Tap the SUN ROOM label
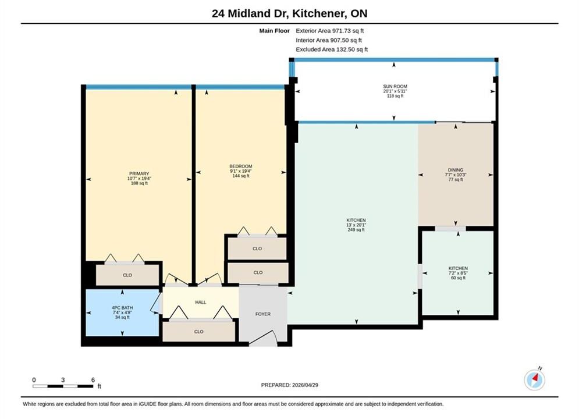pos(395,86)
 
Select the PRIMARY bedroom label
pos(139,173)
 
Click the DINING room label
pos(456,170)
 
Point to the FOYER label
pos(263,314)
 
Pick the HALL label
pos(201,303)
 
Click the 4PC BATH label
pos(122,307)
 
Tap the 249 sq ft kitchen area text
pos(356,230)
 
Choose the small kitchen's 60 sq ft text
pos(458,278)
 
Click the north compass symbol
pos(534,379)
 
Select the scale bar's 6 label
pos(93,380)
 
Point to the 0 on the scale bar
pos(34,380)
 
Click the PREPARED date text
pos(290,385)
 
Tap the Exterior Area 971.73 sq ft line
pos(330,31)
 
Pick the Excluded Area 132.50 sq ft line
pos(332,49)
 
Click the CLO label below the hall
pos(198,332)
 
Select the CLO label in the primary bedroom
pos(127,275)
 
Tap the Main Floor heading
pos(274,31)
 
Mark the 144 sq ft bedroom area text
pos(241,176)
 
